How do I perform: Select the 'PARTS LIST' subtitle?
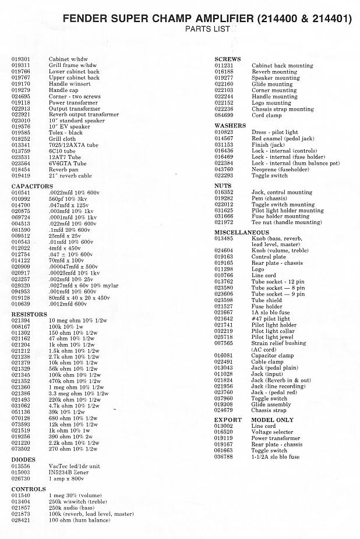click(207, 29)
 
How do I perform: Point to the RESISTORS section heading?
click(30, 314)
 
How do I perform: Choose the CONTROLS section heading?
click(29, 489)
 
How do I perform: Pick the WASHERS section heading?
click(230, 126)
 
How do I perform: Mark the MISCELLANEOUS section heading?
click(242, 232)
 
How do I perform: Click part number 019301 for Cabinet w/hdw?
click(21, 59)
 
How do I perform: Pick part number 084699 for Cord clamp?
click(224, 115)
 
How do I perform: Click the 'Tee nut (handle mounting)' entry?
click(286, 222)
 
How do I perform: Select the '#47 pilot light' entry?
click(270, 319)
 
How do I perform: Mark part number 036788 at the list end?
click(224, 457)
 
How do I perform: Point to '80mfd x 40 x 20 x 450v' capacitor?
click(79, 298)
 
